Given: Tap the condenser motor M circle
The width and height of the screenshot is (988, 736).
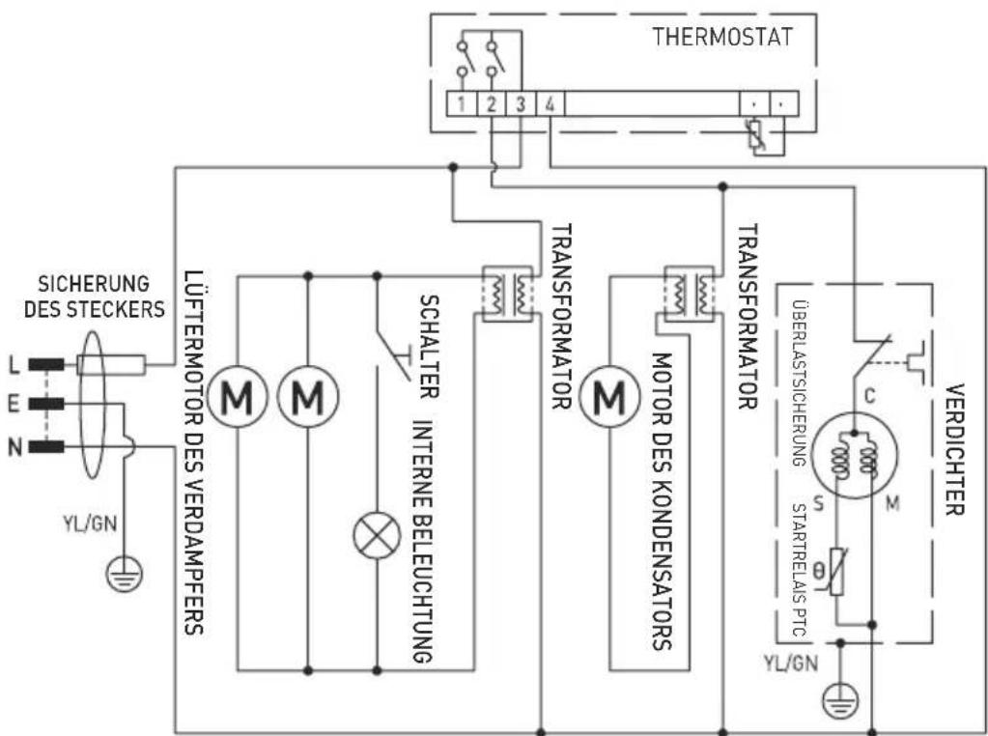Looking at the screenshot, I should (x=608, y=394).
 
